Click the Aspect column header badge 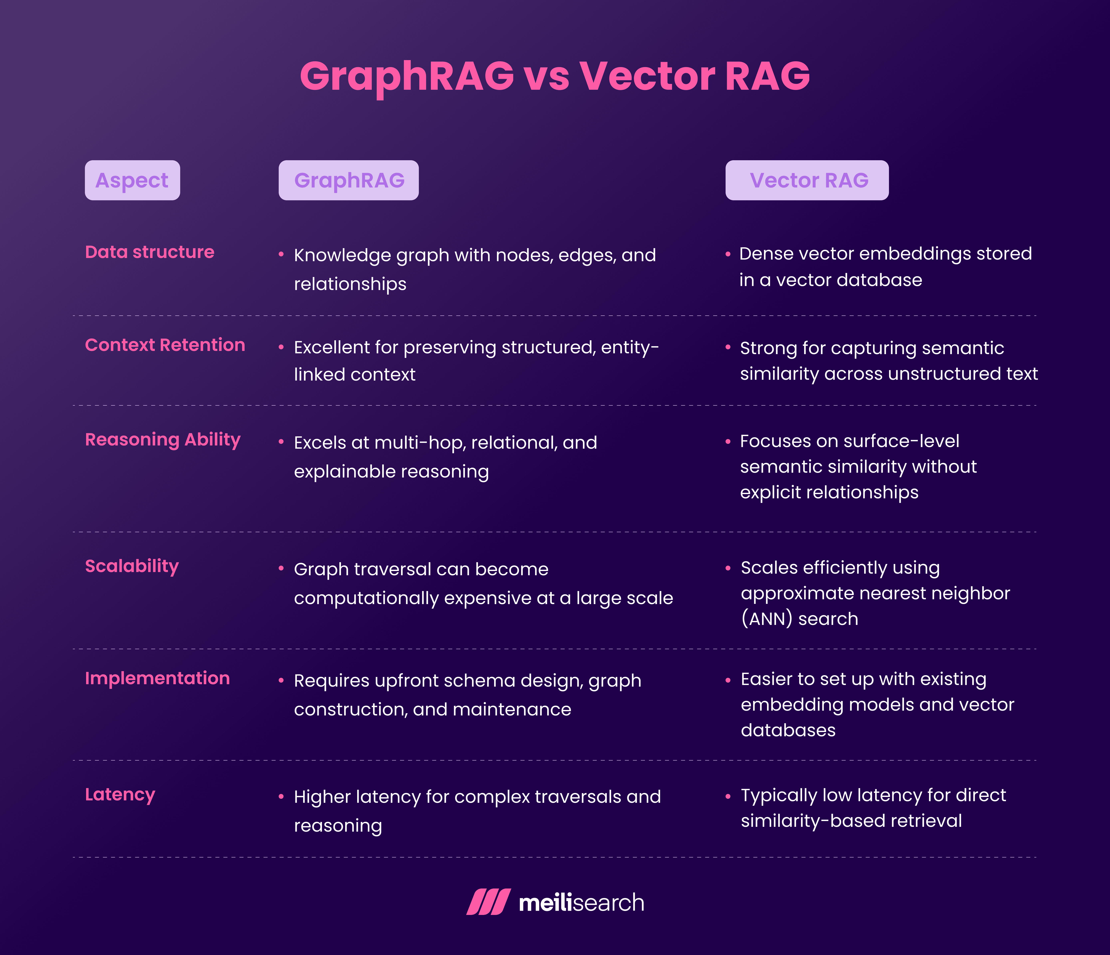132,181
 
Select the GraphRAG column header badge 349,181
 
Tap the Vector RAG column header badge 807,181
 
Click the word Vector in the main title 647,76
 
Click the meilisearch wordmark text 581,903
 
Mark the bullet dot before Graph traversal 281,569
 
